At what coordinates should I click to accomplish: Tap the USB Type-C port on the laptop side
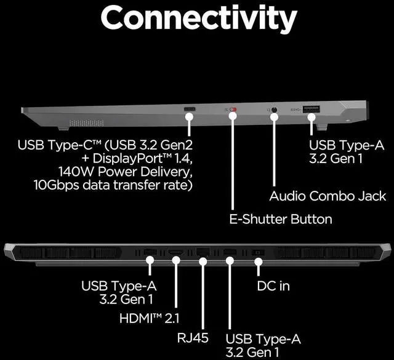coord(190,110)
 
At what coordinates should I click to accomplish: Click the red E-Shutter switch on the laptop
coord(232,111)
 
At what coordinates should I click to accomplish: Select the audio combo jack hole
coord(274,111)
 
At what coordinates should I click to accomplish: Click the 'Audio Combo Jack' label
coord(328,196)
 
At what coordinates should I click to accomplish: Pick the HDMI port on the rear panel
coord(175,252)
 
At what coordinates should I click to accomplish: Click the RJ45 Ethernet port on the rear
coord(203,252)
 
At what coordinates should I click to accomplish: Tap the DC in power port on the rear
coord(258,252)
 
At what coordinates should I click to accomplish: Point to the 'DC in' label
coord(273,286)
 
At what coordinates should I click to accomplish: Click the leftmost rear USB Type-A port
coord(150,252)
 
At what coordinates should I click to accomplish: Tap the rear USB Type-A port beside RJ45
coord(230,252)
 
